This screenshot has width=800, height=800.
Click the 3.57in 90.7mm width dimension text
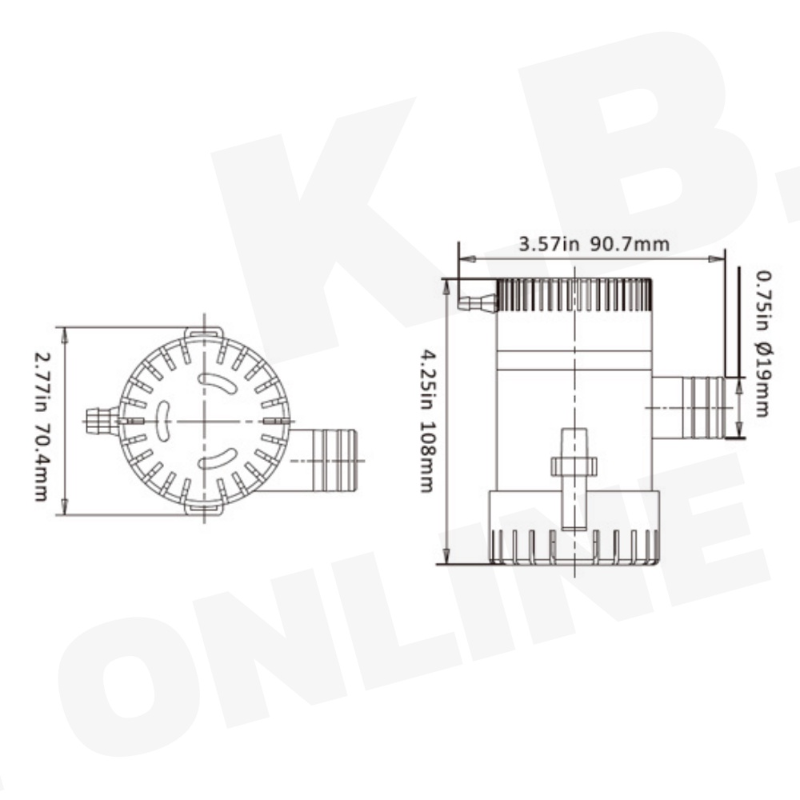pos(594,244)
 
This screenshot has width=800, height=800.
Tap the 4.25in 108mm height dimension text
pos(426,421)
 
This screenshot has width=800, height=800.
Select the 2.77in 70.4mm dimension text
pos(41,426)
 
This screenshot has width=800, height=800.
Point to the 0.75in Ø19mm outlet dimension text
pos(763,344)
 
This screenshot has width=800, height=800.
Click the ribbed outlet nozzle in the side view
pos(689,408)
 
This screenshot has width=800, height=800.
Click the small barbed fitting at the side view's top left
pos(478,302)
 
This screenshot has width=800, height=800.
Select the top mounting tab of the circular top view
pos(204,333)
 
